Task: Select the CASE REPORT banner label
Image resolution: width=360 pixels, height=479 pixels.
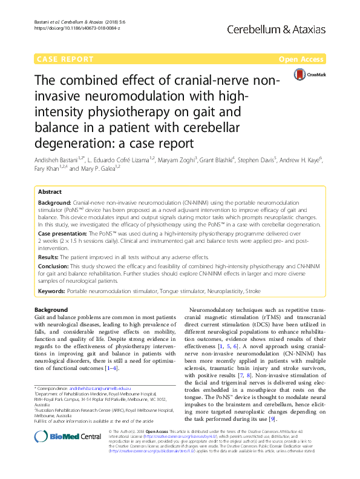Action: point(65,59)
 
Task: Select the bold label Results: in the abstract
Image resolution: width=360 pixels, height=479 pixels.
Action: point(50,257)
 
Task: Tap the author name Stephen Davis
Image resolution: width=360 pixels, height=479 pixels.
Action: point(258,160)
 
